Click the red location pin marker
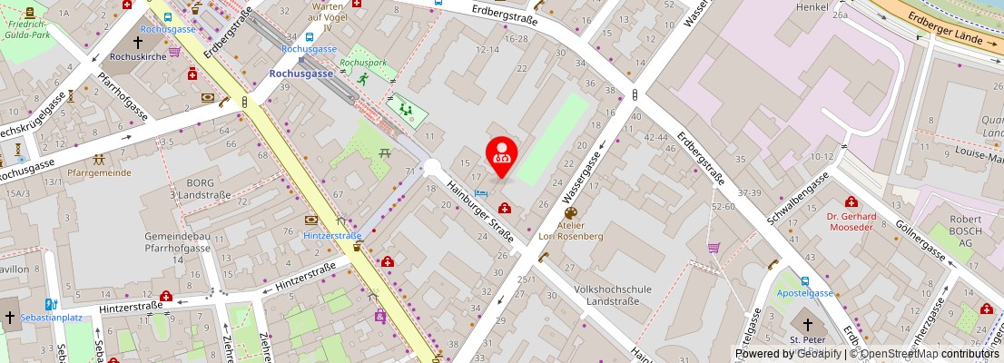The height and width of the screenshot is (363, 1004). (501, 156)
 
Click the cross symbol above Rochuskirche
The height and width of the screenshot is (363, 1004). (139, 42)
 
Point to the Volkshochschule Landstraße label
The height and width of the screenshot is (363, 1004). (613, 295)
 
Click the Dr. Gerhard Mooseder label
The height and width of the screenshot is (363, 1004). (851, 222)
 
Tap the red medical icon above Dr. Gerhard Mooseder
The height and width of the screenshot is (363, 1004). (851, 201)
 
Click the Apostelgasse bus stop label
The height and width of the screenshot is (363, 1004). (803, 294)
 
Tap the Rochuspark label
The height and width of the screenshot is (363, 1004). (363, 64)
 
